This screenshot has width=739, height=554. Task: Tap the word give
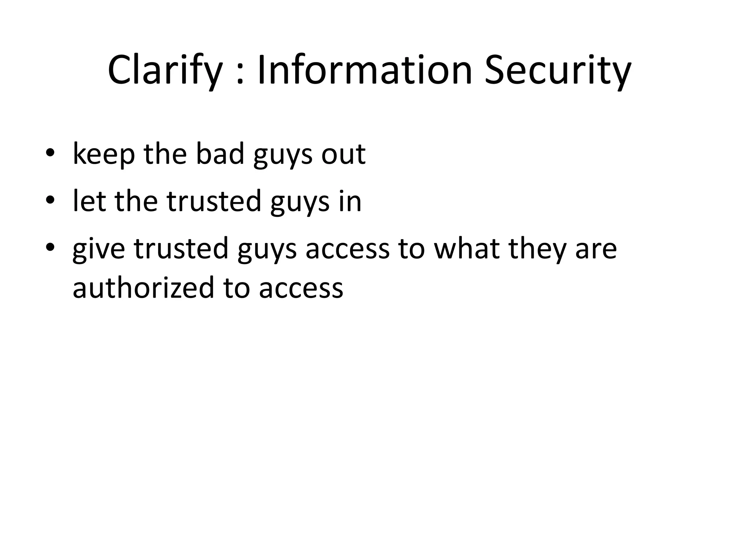coord(99,249)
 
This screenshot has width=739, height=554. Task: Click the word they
coord(537,249)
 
